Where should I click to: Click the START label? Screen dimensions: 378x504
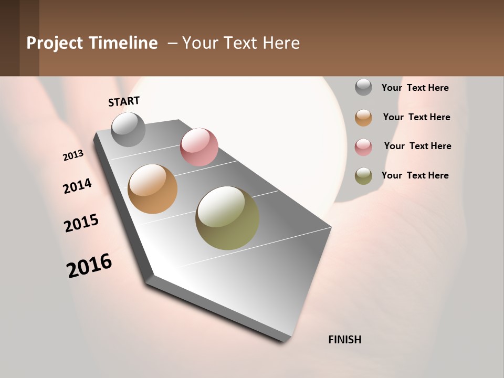pyautogui.click(x=124, y=101)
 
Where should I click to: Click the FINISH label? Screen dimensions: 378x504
pyautogui.click(x=345, y=340)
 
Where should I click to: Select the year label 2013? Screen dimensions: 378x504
pyautogui.click(x=73, y=155)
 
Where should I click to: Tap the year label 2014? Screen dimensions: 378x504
pyautogui.click(x=77, y=186)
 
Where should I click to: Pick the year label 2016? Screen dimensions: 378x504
pyautogui.click(x=89, y=266)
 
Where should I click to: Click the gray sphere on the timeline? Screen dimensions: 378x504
pyautogui.click(x=128, y=129)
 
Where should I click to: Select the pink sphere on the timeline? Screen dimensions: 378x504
pyautogui.click(x=199, y=146)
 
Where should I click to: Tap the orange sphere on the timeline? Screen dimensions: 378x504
pyautogui.click(x=152, y=189)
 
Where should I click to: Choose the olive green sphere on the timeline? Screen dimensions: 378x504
pyautogui.click(x=227, y=218)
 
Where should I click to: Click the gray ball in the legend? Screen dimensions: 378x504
pyautogui.click(x=363, y=87)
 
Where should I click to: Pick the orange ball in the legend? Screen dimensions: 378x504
pyautogui.click(x=363, y=118)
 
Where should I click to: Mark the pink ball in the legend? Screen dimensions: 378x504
pyautogui.click(x=363, y=147)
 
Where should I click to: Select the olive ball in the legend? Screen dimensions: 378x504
pyautogui.click(x=363, y=176)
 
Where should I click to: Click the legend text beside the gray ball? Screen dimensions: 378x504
pyautogui.click(x=415, y=88)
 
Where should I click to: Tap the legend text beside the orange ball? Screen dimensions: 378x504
pyautogui.click(x=416, y=117)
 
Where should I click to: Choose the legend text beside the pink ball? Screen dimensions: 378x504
pyautogui.click(x=417, y=146)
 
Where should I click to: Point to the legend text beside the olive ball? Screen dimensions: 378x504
pyautogui.click(x=415, y=175)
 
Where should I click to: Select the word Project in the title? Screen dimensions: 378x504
pyautogui.click(x=55, y=43)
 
